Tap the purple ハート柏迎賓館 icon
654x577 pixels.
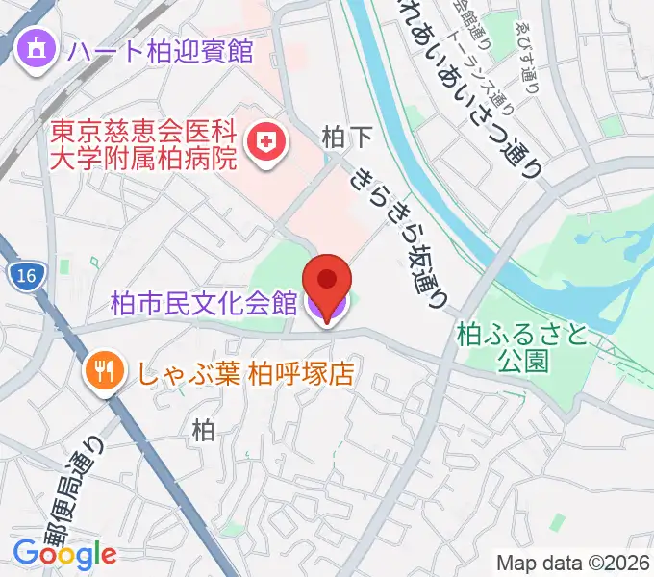click(x=37, y=48)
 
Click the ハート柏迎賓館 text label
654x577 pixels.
click(x=160, y=50)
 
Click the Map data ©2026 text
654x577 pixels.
click(x=573, y=563)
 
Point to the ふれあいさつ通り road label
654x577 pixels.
click(x=471, y=77)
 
